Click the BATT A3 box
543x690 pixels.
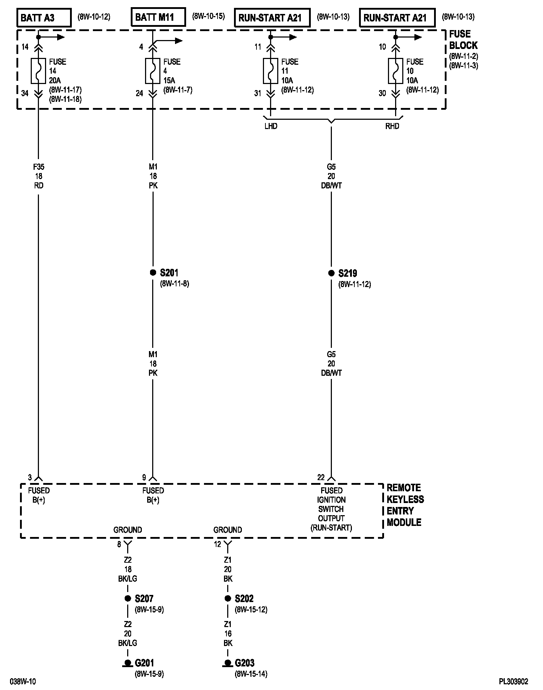tap(44, 18)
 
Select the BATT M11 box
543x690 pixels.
tap(158, 17)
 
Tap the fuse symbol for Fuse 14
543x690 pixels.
tap(38, 70)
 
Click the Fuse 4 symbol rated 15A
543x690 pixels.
tap(153, 70)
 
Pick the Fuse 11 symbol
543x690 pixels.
tap(270, 70)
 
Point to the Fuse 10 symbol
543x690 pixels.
tap(395, 70)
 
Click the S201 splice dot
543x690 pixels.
tap(153, 273)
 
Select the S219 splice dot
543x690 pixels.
tap(331, 273)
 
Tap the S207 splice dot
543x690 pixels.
tap(128, 598)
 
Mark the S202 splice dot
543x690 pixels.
tap(228, 598)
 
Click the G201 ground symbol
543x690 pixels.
tap(127, 664)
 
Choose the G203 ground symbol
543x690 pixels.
tap(227, 664)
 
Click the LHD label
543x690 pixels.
tap(271, 126)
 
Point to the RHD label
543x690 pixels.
tap(392, 126)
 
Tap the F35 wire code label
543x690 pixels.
tap(39, 167)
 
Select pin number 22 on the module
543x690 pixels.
tap(321, 477)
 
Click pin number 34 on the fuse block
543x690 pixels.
tap(25, 93)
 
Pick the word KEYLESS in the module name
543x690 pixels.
tap(405, 499)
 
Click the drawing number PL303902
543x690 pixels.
tap(514, 682)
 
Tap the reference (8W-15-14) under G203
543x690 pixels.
tap(251, 674)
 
